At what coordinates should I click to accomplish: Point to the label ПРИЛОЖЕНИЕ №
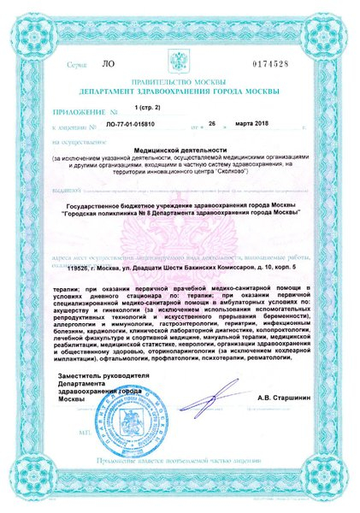tap(79, 111)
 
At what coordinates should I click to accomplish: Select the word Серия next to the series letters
tap(76, 65)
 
